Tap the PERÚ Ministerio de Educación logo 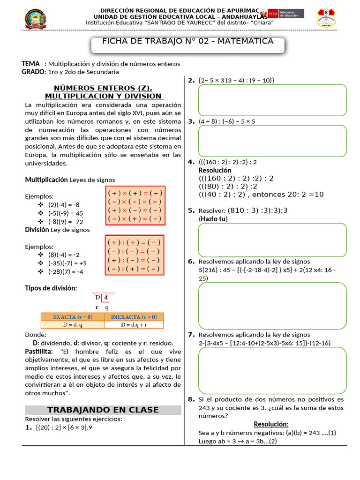[283, 14]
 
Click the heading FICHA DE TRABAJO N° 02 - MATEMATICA [187, 42]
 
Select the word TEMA [31, 63]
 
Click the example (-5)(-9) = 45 [65, 213]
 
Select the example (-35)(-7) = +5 [67, 263]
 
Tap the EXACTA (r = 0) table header [72, 316]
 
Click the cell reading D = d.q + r [134, 324]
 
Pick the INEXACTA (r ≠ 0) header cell [134, 316]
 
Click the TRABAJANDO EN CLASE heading [103, 410]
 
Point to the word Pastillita [40, 352]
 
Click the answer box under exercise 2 [272, 100]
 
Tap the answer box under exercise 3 [272, 141]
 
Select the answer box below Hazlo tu [272, 240]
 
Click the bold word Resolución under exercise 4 [215, 170]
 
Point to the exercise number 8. [191, 399]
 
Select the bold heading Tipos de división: [51, 287]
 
